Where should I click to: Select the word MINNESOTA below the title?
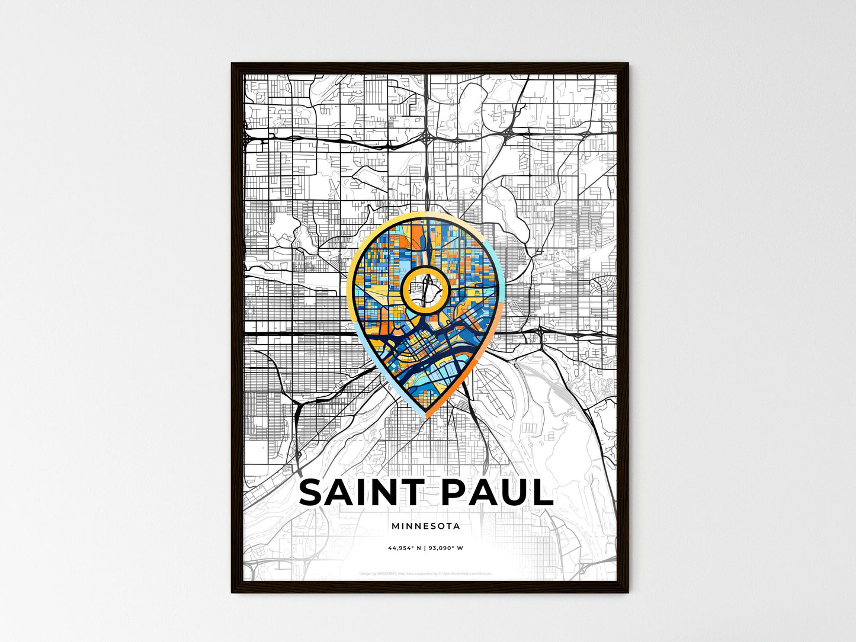click(x=425, y=526)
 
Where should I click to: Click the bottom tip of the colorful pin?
click(x=425, y=418)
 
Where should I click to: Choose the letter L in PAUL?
click(x=541, y=493)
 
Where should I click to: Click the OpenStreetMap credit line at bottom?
click(x=425, y=573)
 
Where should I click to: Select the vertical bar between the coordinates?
click(x=425, y=548)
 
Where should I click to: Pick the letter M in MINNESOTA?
click(x=395, y=526)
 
